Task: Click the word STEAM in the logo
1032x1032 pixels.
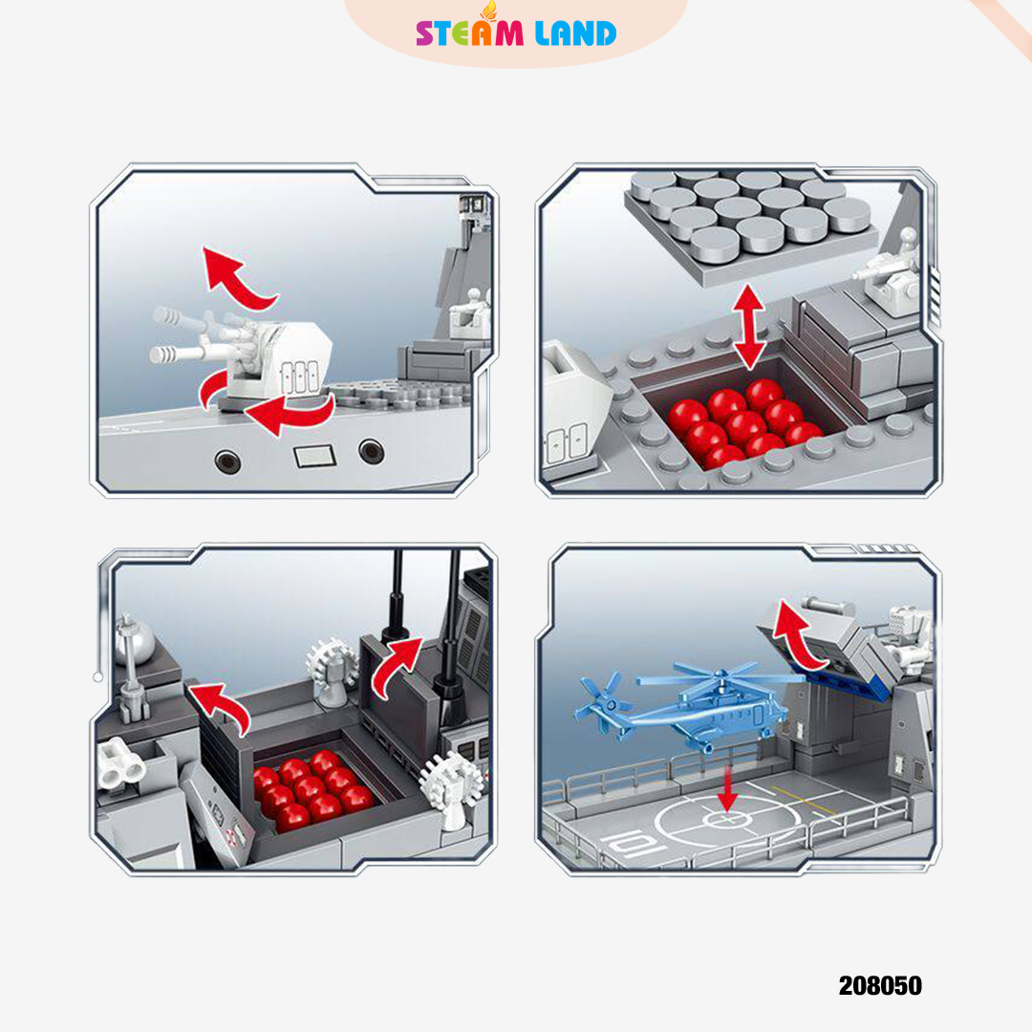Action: (469, 32)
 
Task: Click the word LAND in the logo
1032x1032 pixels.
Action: (576, 32)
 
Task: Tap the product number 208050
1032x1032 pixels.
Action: (880, 985)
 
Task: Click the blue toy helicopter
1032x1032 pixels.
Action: (684, 707)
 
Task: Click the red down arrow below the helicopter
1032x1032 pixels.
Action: (727, 787)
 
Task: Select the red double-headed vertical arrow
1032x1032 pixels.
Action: (749, 327)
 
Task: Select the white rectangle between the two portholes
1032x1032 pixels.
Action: (314, 456)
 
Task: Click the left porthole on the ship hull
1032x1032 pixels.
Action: (227, 461)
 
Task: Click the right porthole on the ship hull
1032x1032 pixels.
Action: (372, 451)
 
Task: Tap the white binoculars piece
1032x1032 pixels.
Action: (120, 763)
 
